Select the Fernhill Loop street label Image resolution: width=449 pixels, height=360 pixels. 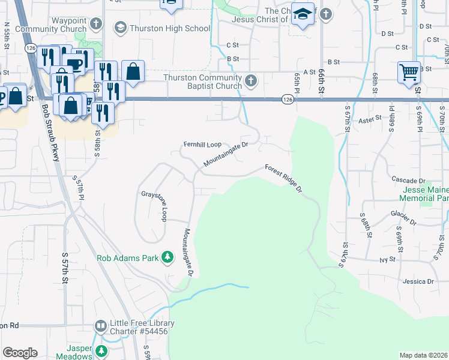click(202, 145)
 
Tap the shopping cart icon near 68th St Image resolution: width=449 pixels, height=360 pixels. click(409, 73)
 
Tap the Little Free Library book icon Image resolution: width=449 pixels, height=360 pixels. click(101, 326)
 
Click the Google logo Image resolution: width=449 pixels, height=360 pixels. click(20, 353)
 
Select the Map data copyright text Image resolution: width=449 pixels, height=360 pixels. click(423, 355)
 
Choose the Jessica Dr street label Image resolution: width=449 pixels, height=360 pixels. click(418, 281)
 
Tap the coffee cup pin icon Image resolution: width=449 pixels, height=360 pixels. click(75, 64)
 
